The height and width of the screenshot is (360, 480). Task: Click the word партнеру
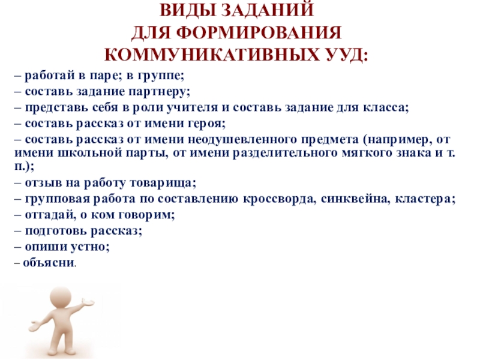(163, 92)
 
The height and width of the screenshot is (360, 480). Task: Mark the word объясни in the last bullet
(48, 263)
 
